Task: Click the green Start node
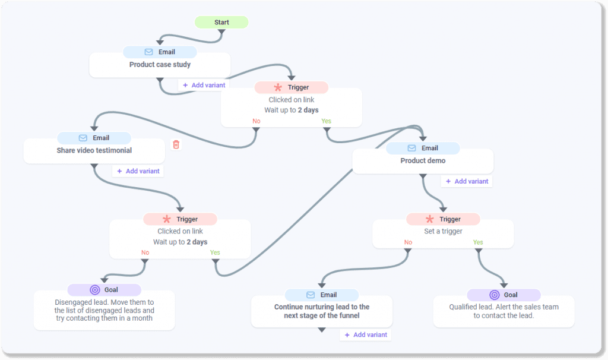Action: [x=221, y=23]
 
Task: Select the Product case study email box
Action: [x=160, y=65]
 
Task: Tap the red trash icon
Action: [x=176, y=144]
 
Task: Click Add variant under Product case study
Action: [x=204, y=85]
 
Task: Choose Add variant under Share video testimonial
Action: [x=138, y=171]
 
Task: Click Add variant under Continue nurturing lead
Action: [x=365, y=335]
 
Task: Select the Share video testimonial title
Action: [x=94, y=151]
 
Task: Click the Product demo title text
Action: [x=423, y=161]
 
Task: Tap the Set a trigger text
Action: [x=443, y=232]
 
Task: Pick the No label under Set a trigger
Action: [x=408, y=242]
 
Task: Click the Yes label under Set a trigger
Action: [x=478, y=242]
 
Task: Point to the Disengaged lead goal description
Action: [x=104, y=310]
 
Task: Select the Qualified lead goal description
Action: [x=503, y=311]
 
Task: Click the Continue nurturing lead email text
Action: [x=322, y=311]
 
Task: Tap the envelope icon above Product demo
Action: [x=411, y=149]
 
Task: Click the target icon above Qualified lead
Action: [x=494, y=295]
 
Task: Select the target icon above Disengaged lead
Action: [x=94, y=290]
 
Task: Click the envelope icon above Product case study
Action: [x=148, y=52]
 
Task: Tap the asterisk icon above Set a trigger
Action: [x=429, y=219]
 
